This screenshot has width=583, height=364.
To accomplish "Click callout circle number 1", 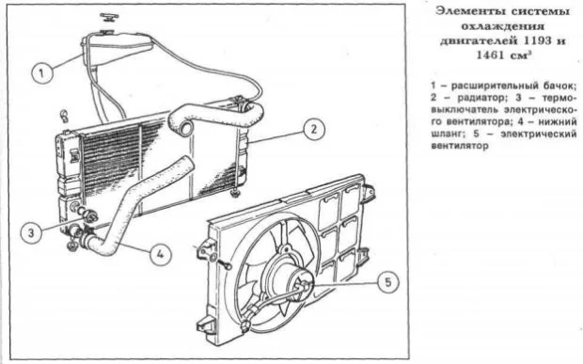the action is [x=41, y=72].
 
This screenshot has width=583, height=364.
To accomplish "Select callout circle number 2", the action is [x=314, y=130].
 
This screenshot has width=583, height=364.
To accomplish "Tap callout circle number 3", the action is [x=31, y=232].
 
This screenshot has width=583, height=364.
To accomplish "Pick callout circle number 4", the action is [x=160, y=254].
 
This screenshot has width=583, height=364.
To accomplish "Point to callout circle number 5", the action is [x=387, y=282].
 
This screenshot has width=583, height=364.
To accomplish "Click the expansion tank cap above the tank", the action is [x=109, y=17].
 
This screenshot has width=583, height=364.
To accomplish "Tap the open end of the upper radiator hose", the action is [x=185, y=129].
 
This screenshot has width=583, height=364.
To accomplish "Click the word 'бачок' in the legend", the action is [x=559, y=86].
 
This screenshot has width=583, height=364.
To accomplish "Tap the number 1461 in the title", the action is [x=490, y=55].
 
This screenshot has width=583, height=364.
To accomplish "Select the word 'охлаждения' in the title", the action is [x=503, y=26].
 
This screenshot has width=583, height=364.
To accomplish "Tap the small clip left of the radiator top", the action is [x=63, y=116].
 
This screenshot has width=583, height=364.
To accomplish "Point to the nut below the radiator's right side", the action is [x=235, y=194].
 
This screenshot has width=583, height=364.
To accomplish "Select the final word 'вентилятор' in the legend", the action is [x=460, y=146].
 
